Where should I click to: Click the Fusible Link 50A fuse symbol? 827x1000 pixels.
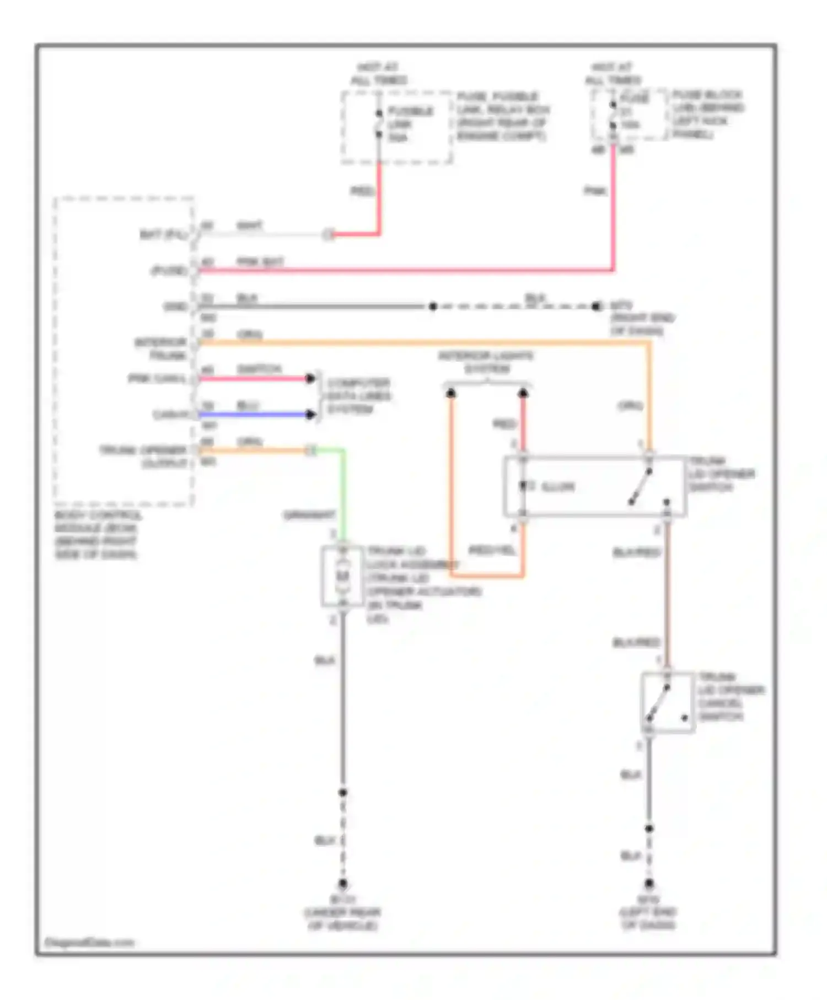[x=379, y=124]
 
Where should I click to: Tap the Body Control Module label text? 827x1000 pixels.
[x=97, y=535]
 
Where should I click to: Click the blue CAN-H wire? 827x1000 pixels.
[x=254, y=415]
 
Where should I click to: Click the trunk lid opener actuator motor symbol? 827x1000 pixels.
[x=342, y=576]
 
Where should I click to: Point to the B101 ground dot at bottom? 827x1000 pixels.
[x=342, y=884]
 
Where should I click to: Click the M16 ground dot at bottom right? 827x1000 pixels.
[x=649, y=884]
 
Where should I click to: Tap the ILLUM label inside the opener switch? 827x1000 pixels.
[x=558, y=487]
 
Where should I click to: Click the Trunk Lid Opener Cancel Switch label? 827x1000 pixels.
[x=731, y=696]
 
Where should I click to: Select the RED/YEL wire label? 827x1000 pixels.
[x=491, y=550]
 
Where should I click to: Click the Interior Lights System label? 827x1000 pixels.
[x=486, y=362]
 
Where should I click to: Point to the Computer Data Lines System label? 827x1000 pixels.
[x=358, y=396]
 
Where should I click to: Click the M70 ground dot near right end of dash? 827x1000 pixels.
[x=596, y=306]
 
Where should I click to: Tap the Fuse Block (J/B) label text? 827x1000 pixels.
[x=707, y=114]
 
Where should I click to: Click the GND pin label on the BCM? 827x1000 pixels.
[x=176, y=307]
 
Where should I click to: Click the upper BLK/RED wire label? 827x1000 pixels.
[x=636, y=552]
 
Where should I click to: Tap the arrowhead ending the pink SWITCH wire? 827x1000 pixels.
[x=311, y=378]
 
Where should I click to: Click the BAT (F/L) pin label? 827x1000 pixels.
[x=163, y=235]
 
